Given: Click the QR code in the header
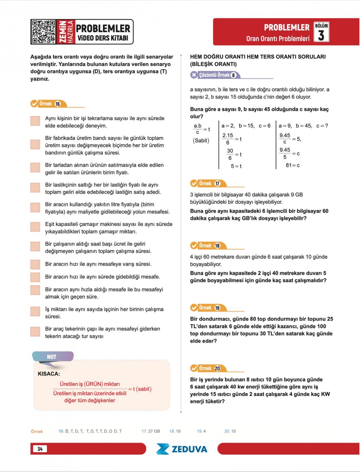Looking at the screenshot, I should (44, 32).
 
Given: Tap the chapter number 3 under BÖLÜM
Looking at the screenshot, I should (321, 35).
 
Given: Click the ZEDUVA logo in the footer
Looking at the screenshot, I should (182, 449).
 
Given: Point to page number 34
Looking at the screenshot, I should (40, 449).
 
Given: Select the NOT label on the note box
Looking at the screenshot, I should (51, 357).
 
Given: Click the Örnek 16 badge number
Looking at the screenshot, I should (58, 104).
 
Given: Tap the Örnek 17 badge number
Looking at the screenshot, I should (217, 183).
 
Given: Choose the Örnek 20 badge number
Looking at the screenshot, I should (217, 368).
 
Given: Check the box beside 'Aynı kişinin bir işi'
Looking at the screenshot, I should (35, 121).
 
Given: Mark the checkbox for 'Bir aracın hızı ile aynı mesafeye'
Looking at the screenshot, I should (35, 264).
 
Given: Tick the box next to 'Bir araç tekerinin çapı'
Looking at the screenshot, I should (35, 332).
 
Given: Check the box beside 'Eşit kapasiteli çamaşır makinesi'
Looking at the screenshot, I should (35, 227).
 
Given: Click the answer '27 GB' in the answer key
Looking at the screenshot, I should (154, 431).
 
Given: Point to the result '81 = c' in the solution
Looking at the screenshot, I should (292, 165).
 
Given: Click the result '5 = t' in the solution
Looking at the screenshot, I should (236, 166).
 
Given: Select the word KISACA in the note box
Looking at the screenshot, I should (49, 374).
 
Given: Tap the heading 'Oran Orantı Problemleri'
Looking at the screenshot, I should (278, 39).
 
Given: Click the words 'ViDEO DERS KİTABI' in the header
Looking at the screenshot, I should (103, 38).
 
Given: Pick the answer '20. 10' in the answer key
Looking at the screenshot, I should (230, 431).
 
